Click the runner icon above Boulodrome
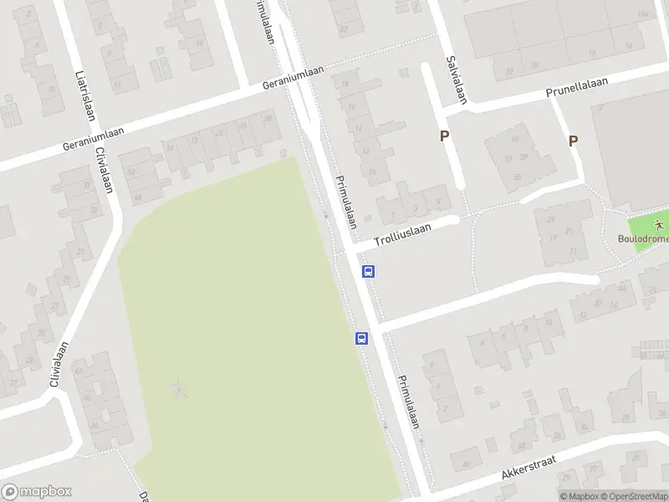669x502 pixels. coord(660,224)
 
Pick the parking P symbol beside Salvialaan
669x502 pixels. coord(445,136)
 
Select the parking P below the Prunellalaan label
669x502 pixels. coord(574,141)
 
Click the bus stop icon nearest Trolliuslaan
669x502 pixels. coord(368,271)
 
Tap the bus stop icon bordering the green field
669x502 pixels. coord(361,338)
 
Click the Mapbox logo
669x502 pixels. coord(36,492)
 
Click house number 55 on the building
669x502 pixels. coord(517,177)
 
